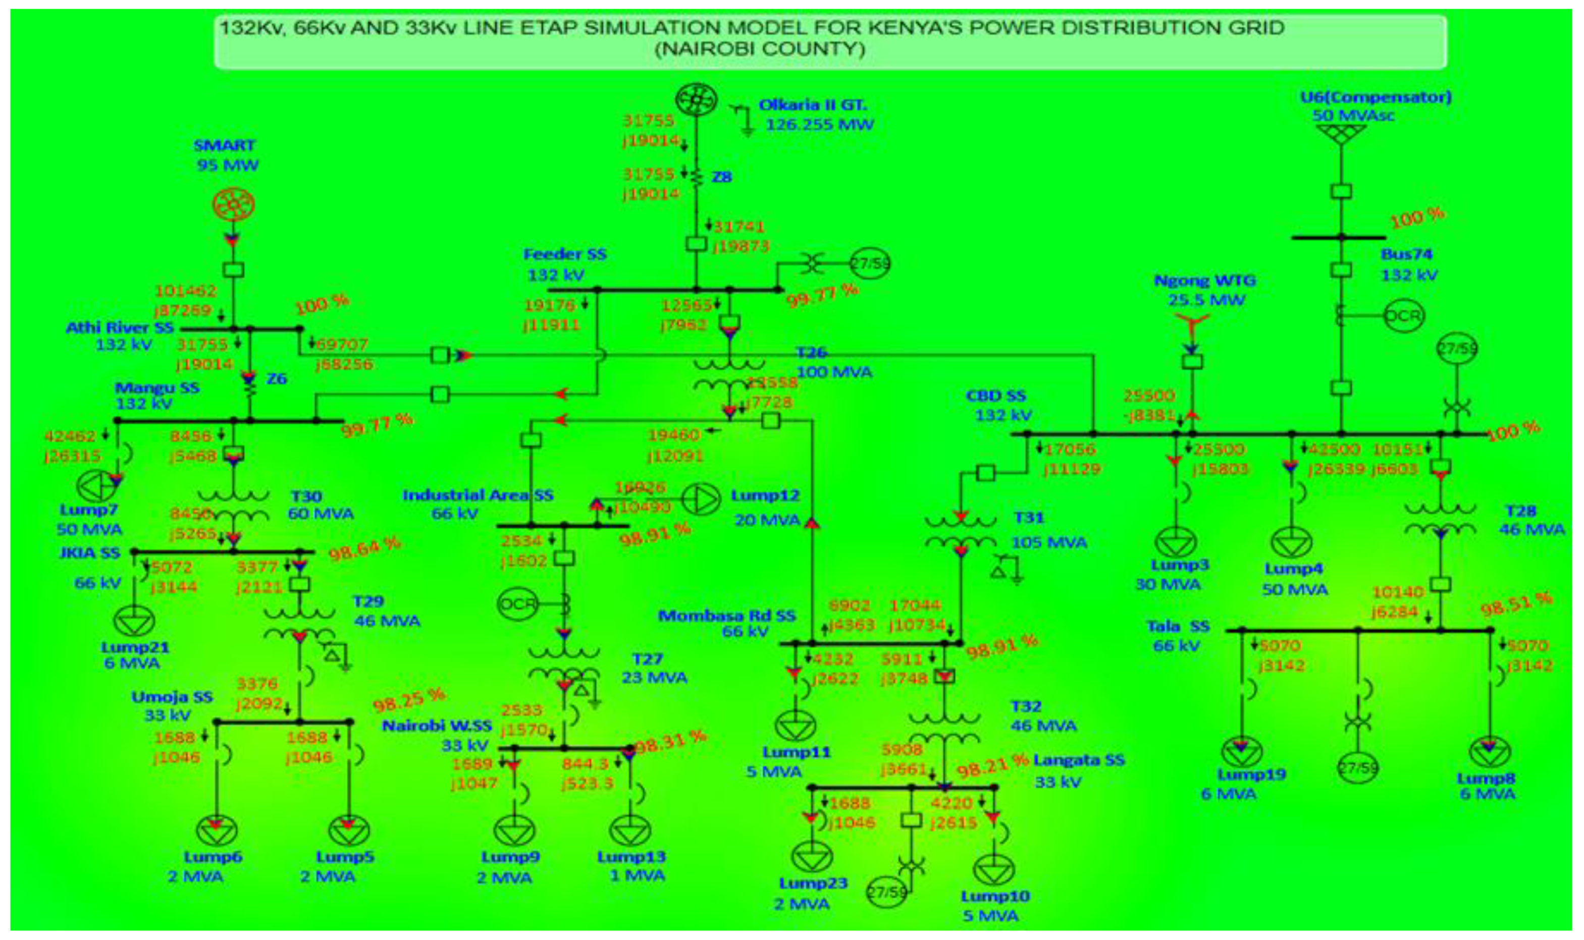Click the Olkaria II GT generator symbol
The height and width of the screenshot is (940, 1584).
(696, 99)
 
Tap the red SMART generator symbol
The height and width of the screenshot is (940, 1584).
(233, 205)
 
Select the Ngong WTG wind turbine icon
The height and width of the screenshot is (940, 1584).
(1192, 327)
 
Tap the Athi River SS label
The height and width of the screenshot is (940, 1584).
(120, 328)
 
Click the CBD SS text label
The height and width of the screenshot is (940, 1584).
(995, 396)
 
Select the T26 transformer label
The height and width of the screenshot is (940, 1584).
(812, 353)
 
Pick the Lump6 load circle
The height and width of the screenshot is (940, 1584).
(217, 831)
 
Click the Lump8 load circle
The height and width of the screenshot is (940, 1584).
(1490, 752)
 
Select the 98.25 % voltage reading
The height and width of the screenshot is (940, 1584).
(409, 700)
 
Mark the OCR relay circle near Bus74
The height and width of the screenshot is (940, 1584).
(1404, 315)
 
